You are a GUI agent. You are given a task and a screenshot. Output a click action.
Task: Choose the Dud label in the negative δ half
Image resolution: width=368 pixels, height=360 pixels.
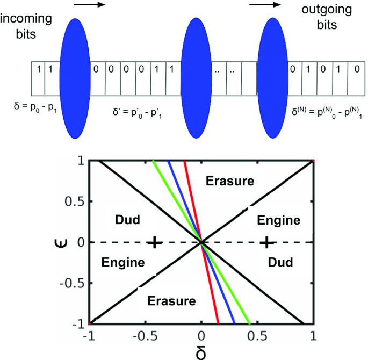click(128, 220)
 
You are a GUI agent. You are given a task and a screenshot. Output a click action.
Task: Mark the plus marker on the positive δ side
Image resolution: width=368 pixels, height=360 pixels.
click(266, 242)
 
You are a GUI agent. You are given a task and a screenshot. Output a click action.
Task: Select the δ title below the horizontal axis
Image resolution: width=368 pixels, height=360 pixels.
click(201, 350)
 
